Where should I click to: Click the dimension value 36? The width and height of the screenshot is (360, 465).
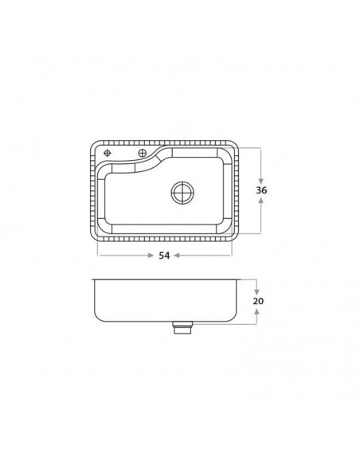(x=261, y=190)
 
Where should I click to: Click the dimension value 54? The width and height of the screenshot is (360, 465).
(x=164, y=256)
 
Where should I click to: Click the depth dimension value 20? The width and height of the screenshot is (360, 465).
(x=258, y=301)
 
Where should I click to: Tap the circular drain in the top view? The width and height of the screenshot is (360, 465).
(x=182, y=193)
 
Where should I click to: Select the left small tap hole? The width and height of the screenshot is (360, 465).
(x=107, y=153)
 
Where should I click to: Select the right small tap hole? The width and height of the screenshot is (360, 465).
(x=143, y=153)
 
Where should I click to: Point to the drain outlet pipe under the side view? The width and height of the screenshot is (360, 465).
(x=182, y=327)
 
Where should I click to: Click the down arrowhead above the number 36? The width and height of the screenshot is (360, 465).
(x=261, y=181)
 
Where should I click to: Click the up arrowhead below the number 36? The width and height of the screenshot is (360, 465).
(x=261, y=201)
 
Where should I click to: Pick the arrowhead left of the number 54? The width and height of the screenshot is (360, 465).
(x=151, y=256)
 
